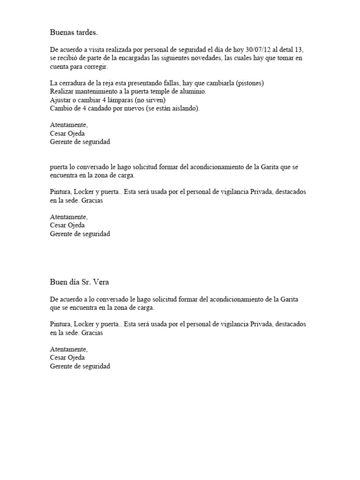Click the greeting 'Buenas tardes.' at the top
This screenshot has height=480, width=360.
74,32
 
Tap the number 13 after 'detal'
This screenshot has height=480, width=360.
304,50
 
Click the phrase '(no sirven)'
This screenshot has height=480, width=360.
150,100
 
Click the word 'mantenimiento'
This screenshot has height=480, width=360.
96,92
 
